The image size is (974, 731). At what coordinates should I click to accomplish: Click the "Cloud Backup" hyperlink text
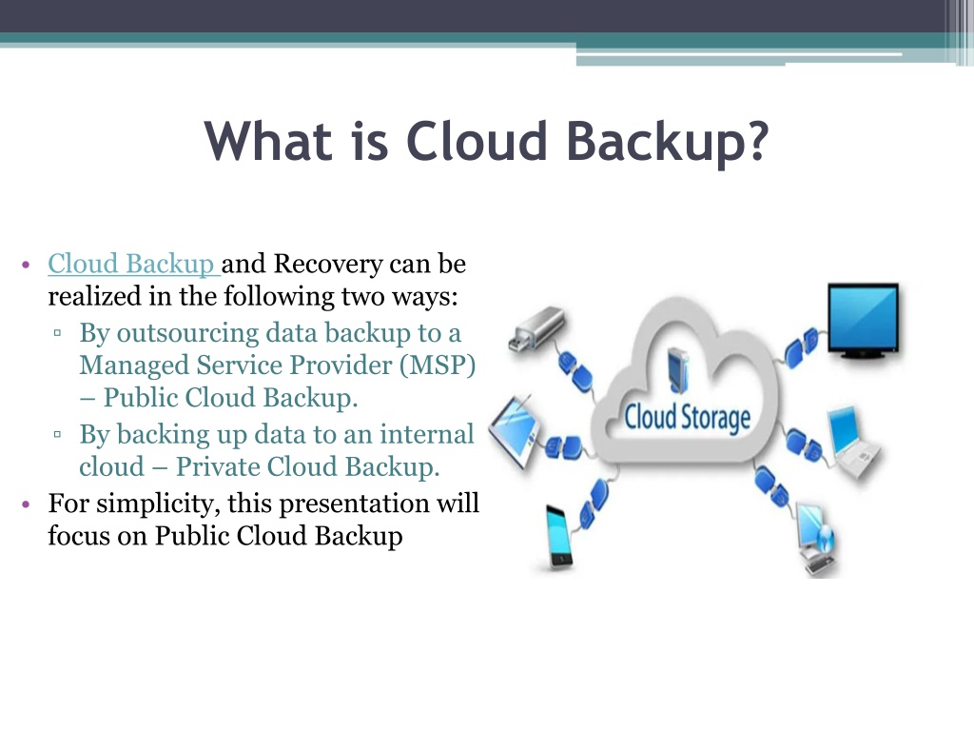coord(131,264)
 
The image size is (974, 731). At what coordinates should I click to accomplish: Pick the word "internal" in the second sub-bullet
coord(427,434)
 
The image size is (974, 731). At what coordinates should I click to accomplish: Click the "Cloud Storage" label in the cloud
coord(687,417)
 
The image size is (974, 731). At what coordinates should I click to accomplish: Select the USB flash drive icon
coord(536,328)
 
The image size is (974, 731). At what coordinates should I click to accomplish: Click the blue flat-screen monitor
coord(864,320)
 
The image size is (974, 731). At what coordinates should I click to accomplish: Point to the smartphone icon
coord(558,537)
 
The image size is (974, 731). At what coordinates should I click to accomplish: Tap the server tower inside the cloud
coord(677,371)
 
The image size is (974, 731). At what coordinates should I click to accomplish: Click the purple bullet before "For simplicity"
coord(26,504)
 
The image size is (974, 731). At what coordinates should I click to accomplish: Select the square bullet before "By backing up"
coord(58,434)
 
